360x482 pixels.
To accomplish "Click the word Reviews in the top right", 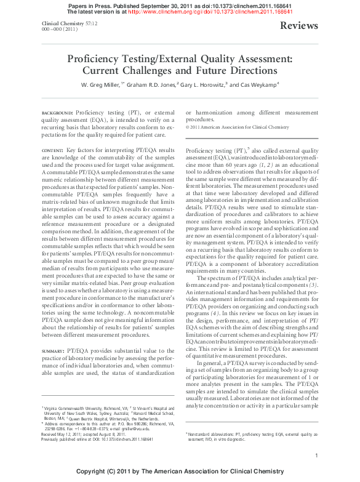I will tap(299, 26).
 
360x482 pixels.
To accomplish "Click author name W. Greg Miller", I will tap(102, 84).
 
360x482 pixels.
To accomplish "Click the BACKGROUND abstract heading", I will tap(57, 114).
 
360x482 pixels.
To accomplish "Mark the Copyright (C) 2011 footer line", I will tap(180, 471).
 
